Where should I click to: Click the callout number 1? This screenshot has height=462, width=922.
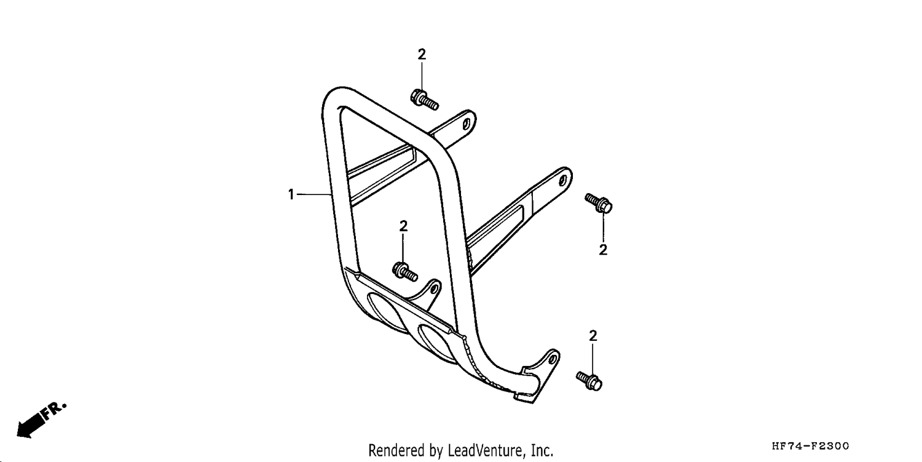point(291,194)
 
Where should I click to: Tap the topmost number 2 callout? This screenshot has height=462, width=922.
point(422,54)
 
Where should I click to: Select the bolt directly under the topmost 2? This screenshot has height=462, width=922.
point(424,99)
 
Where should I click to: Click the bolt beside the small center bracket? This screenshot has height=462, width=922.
point(405,271)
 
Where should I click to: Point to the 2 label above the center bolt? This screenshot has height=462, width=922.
point(403,226)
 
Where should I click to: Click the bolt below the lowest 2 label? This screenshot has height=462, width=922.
point(589,381)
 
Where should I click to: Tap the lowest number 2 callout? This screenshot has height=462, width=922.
point(593,336)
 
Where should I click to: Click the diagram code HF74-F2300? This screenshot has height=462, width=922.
point(810,446)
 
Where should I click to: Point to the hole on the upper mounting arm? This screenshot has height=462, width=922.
point(467,123)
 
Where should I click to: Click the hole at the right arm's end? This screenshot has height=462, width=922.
point(564,180)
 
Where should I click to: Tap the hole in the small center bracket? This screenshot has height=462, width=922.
point(434,289)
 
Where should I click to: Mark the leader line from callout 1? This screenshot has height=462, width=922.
point(313,194)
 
